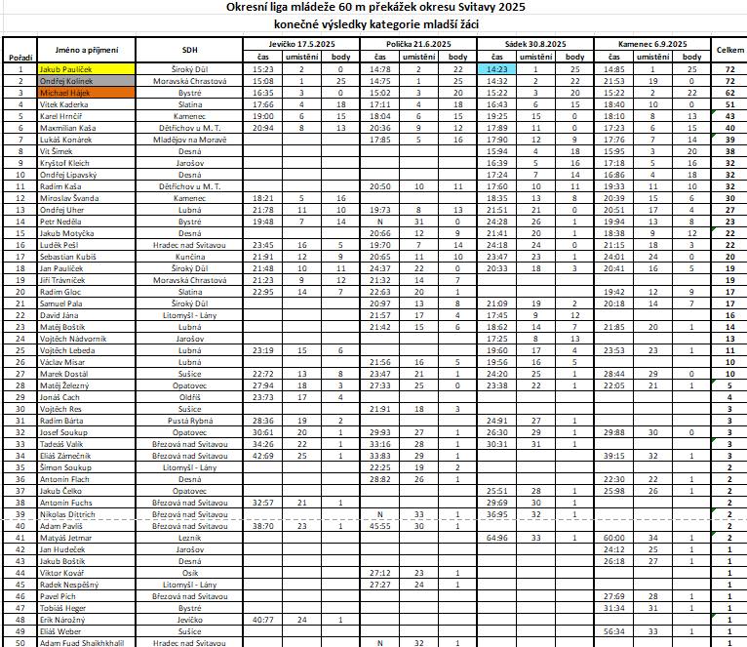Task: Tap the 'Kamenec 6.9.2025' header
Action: [x=652, y=45]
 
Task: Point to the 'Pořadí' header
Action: [x=20, y=58]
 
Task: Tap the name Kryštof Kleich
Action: [x=59, y=162]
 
